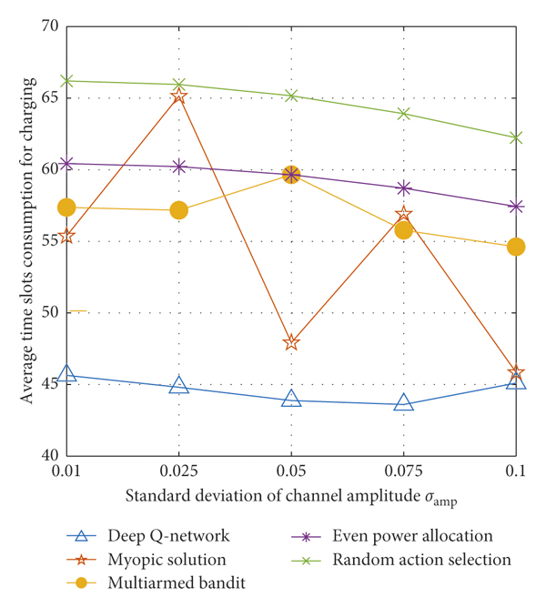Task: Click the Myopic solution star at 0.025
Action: pos(178,96)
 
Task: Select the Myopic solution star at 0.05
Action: pos(291,342)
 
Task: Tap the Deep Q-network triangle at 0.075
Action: pos(404,402)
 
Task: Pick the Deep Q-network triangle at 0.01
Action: pos(66,374)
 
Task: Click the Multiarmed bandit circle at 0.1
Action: pos(516,247)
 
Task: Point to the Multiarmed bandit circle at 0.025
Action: pos(178,210)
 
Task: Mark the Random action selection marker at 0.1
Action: pos(516,137)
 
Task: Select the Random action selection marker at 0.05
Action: pos(291,95)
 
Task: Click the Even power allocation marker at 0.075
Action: pos(404,188)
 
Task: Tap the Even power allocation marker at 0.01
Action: pos(66,164)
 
